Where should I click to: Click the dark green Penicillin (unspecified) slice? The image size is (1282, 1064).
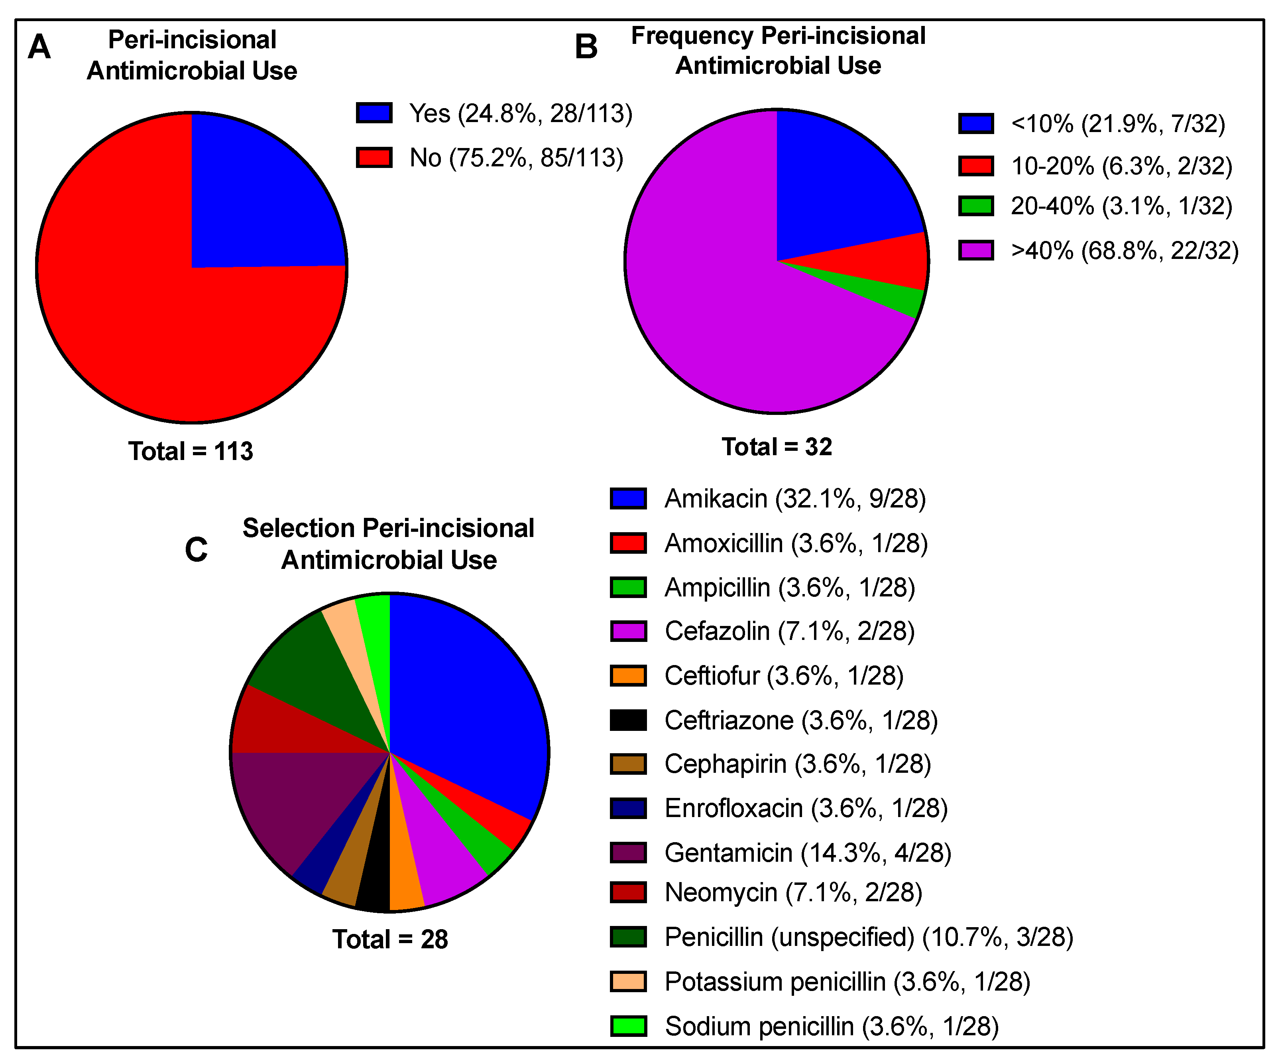tap(305, 678)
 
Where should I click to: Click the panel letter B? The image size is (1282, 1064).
tap(586, 47)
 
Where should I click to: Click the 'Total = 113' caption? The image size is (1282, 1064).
tap(191, 451)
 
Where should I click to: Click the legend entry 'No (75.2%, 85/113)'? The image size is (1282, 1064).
tap(516, 158)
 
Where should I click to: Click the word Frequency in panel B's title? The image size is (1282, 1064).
tap(691, 36)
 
